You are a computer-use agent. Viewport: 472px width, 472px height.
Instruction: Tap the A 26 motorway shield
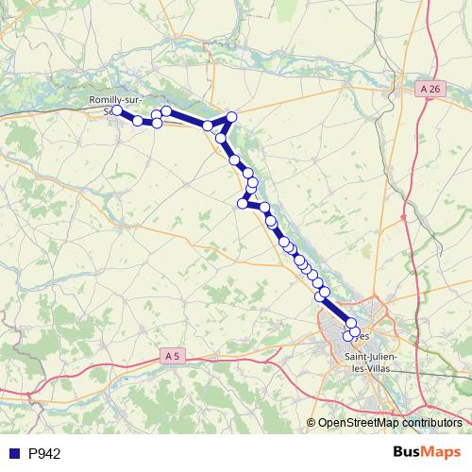430,88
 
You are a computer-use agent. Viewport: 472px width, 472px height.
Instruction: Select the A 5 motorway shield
171,356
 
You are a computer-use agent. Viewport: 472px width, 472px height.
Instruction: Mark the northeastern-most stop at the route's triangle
231,116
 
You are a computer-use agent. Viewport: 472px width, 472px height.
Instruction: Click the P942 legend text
44,453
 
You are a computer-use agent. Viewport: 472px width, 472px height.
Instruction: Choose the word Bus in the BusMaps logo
406,453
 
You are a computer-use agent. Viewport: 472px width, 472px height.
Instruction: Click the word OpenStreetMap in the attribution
361,422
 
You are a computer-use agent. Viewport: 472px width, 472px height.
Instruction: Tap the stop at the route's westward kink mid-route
243,203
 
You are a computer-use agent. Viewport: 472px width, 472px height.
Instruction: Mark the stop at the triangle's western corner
208,126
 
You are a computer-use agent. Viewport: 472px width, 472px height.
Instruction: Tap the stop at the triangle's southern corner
221,138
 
